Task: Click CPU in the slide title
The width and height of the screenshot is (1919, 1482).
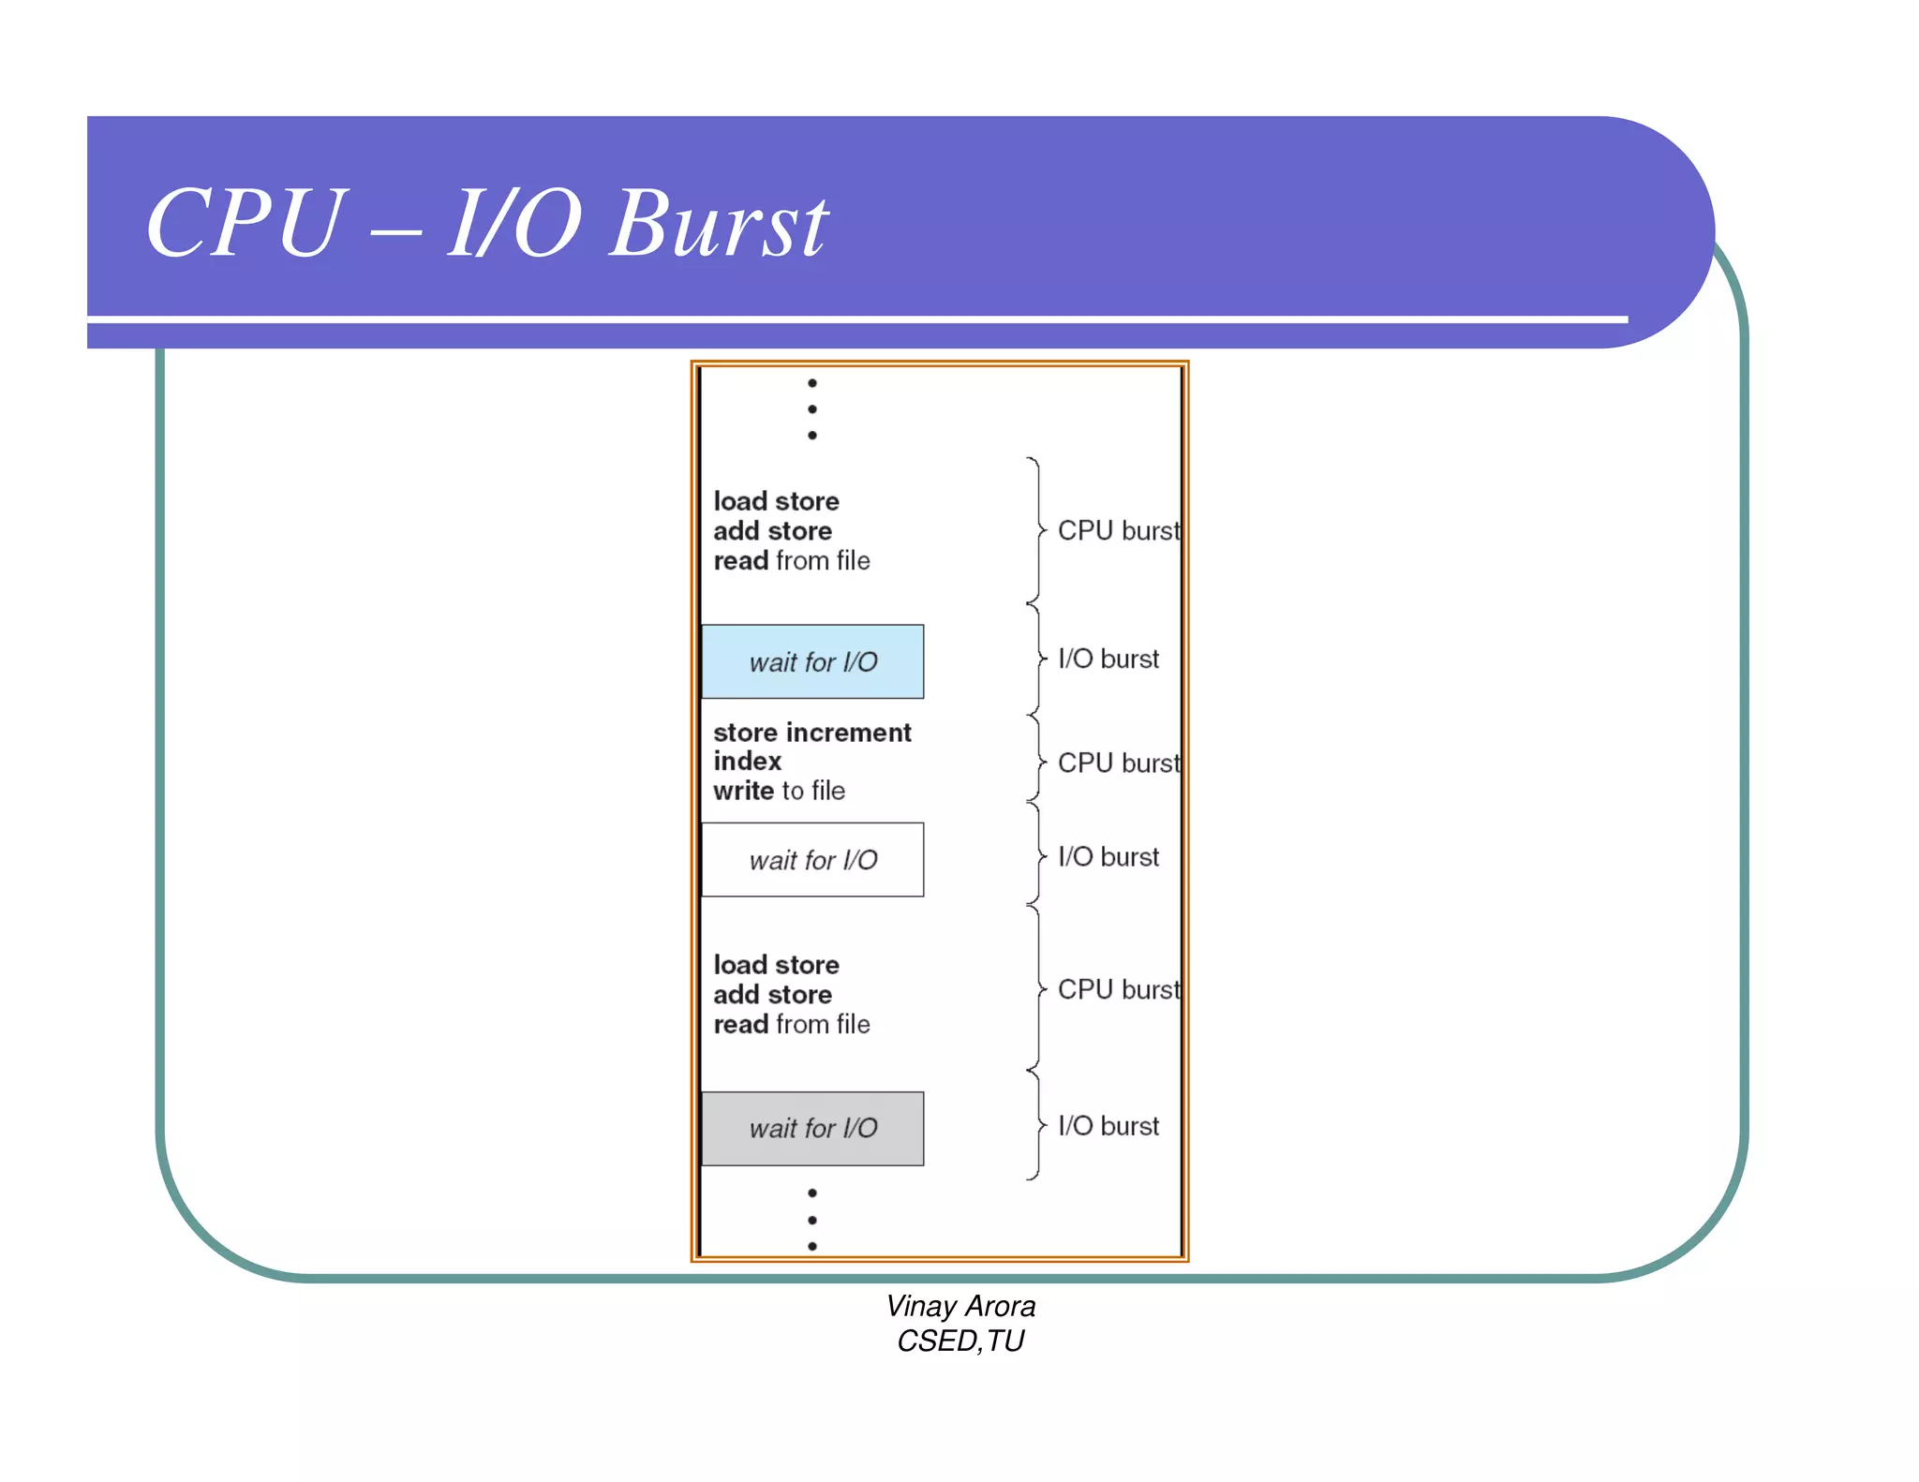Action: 246,225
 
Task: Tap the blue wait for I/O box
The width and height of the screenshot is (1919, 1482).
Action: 812,661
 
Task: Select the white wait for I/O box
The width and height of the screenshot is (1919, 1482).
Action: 812,860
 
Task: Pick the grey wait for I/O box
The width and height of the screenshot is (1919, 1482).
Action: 812,1128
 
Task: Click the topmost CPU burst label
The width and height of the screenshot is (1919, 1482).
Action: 1118,531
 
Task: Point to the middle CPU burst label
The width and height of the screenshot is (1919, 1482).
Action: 1118,763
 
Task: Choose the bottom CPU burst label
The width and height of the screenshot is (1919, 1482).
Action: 1118,990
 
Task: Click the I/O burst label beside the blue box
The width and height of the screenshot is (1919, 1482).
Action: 1108,659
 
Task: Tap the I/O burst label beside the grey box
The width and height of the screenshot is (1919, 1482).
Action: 1108,1126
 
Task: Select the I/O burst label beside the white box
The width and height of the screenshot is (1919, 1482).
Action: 1108,857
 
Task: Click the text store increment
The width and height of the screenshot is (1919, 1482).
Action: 811,733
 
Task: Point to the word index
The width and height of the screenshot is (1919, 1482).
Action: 747,762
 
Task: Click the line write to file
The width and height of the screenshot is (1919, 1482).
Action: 779,792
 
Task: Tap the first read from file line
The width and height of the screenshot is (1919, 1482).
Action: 792,561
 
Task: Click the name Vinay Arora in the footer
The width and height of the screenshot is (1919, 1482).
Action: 960,1306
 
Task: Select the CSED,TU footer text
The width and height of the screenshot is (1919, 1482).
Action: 960,1341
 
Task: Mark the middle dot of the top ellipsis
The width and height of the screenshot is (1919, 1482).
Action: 812,409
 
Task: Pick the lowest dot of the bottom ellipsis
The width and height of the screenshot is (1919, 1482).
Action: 812,1246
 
